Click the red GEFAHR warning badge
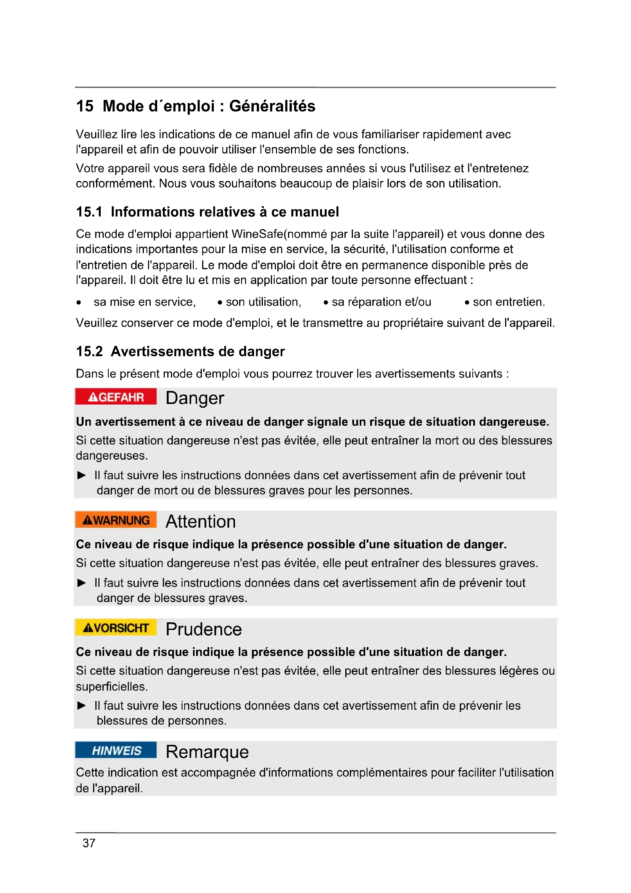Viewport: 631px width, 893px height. click(116, 397)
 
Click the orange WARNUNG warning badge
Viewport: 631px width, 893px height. click(116, 520)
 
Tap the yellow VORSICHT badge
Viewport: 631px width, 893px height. click(116, 628)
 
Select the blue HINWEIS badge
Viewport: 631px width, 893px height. click(116, 751)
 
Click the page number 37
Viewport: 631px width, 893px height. click(89, 843)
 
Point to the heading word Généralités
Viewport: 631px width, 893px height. click(272, 106)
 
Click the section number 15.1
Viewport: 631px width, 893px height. click(89, 212)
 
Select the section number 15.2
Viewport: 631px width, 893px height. click(89, 352)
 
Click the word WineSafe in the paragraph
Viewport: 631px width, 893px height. click(257, 234)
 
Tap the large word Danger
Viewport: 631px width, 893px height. click(195, 398)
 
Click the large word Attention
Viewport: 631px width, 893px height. click(201, 522)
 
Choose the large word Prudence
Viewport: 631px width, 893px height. click(204, 629)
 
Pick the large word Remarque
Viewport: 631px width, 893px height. click(207, 752)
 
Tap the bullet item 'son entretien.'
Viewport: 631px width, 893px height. click(509, 302)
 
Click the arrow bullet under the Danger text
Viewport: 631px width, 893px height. click(82, 475)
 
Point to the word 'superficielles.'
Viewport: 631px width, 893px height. click(112, 686)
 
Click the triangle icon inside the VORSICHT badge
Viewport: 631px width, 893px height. click(88, 628)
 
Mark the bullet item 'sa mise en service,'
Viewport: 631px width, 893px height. click(145, 302)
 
